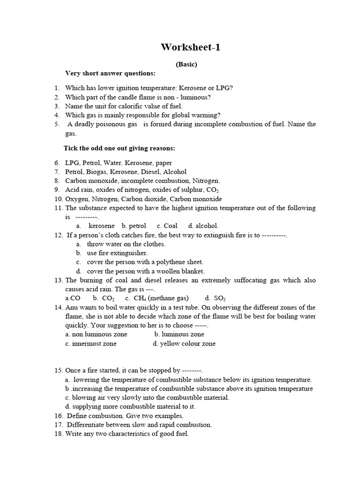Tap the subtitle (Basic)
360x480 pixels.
[187, 65]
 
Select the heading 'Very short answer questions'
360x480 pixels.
[110, 74]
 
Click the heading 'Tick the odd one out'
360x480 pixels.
[120, 148]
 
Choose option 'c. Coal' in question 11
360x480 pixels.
[167, 226]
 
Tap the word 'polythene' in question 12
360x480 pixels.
[168, 262]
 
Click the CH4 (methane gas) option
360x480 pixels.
[157, 298]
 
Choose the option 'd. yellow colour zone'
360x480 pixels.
[184, 344]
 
